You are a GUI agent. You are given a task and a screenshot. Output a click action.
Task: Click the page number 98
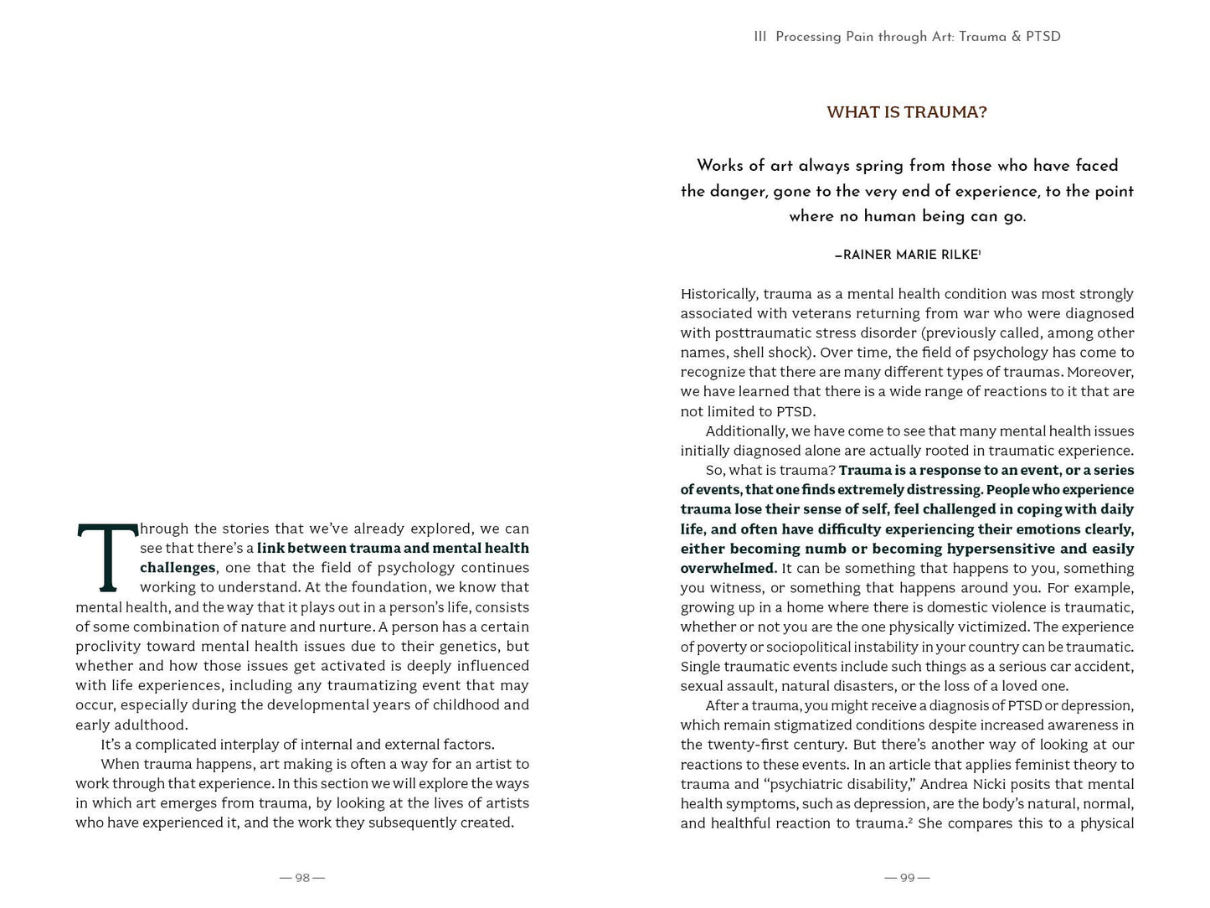coord(302,878)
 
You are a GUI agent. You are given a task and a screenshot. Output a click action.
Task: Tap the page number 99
coord(907,878)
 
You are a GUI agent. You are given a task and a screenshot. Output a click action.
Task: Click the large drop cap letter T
coord(107,558)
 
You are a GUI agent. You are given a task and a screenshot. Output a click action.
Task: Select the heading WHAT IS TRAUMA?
coord(907,112)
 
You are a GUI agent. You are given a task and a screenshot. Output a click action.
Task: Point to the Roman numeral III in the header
coord(760,37)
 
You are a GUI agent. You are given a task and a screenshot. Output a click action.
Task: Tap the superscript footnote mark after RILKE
coord(980,251)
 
